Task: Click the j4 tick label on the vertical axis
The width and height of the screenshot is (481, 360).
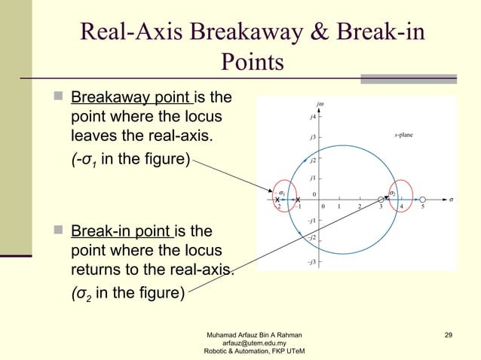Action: click(x=312, y=117)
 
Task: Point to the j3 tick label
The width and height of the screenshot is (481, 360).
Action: click(x=312, y=139)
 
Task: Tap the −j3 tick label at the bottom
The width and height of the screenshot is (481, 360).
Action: click(x=311, y=262)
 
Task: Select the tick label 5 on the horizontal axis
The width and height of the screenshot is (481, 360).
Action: click(x=422, y=206)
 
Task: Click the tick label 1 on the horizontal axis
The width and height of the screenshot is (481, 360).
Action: click(x=340, y=206)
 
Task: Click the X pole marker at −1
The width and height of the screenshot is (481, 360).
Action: click(x=299, y=199)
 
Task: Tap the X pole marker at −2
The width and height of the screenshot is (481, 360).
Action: click(x=278, y=199)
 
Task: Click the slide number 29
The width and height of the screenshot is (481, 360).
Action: click(x=449, y=334)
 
